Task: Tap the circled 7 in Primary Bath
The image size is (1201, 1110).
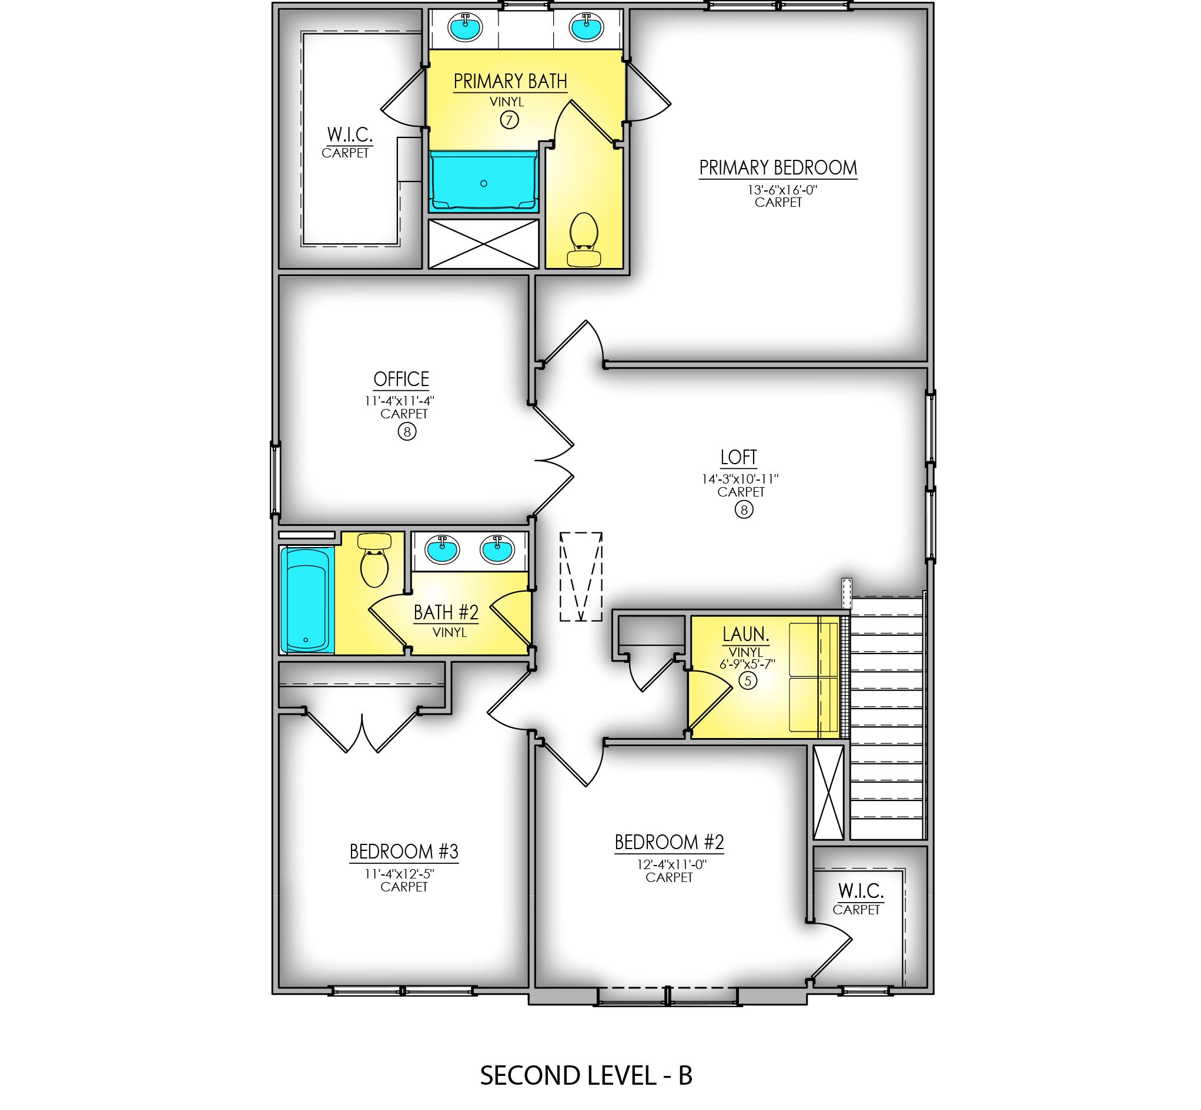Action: coord(509,120)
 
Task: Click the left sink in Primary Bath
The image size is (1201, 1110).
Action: coord(464,28)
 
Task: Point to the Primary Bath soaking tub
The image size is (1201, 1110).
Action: coord(483,181)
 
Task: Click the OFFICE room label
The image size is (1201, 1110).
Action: coord(401,379)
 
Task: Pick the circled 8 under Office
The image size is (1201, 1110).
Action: coord(407,432)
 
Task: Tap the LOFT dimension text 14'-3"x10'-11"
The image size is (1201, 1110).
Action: coord(740,479)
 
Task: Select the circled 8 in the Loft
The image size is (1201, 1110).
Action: coord(744,510)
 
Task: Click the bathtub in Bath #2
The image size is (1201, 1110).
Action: coord(307,599)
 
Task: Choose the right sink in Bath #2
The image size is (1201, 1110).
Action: coord(497,549)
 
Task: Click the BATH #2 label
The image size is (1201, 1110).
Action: coord(446,613)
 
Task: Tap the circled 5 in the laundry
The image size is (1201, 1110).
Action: coord(747,680)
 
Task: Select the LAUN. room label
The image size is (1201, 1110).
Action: coord(745,634)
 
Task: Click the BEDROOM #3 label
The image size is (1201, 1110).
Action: coord(404,851)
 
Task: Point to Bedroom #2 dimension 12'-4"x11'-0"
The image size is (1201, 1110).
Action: coord(672,864)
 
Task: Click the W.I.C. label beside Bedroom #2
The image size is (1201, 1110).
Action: coord(861,890)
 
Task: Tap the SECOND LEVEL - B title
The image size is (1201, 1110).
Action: coord(586,1075)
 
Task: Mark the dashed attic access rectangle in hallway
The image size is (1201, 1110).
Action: coord(580,576)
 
